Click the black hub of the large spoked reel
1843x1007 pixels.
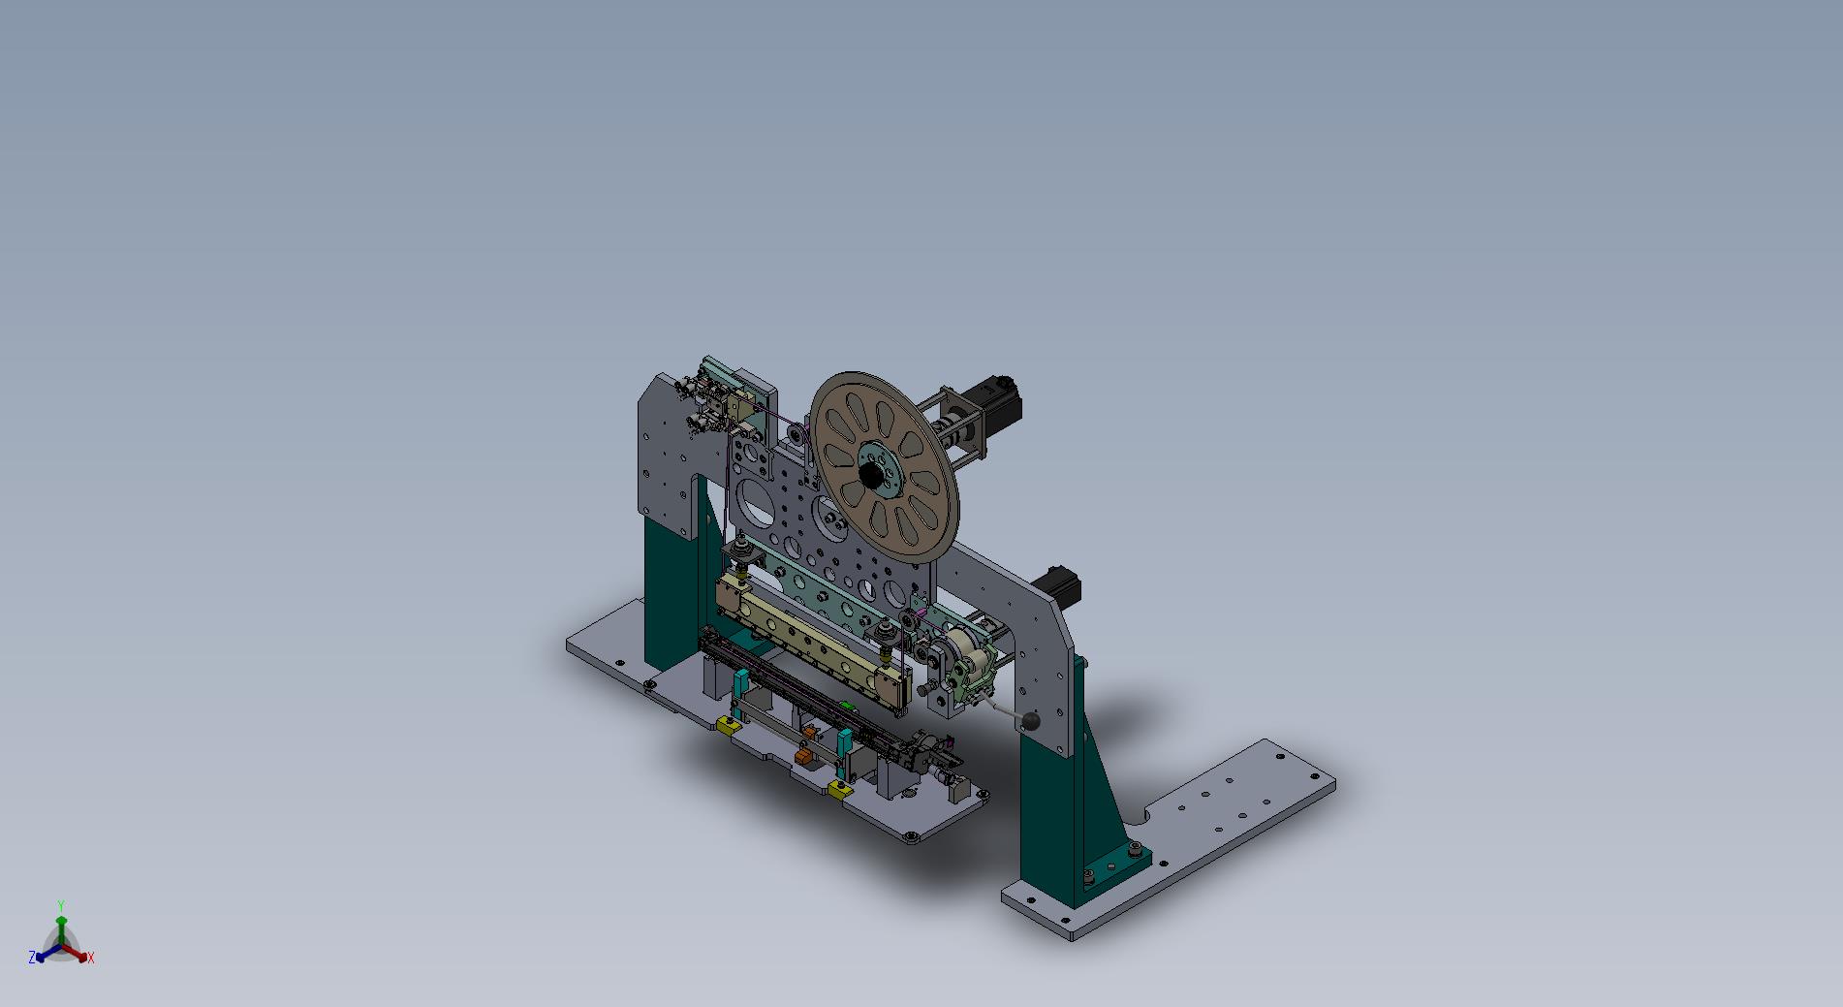[870, 475]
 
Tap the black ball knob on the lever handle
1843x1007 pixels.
[1031, 721]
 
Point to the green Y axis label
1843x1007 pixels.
[60, 905]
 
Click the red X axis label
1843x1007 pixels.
[91, 959]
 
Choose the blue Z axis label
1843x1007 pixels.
[32, 958]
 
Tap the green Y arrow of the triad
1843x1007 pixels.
[60, 926]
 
